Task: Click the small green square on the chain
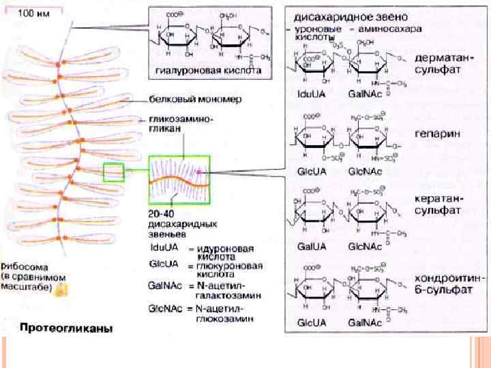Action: click(x=113, y=172)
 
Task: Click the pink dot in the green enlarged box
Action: click(x=199, y=174)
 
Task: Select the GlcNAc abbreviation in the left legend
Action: click(x=165, y=309)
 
